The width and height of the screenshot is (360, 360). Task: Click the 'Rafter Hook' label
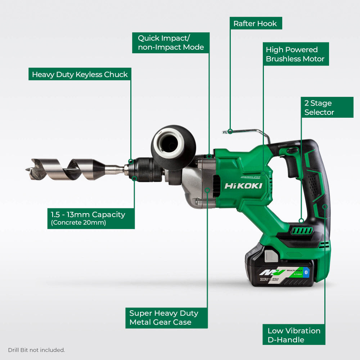tap(255, 24)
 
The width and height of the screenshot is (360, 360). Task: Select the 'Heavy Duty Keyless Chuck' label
tap(80, 75)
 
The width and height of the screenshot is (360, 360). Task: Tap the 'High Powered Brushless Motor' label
tap(295, 54)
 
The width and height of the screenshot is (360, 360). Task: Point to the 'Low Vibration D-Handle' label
tap(294, 335)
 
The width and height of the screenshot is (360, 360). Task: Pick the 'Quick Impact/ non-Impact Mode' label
tap(171, 42)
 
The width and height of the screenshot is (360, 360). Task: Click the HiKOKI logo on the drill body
tap(243, 186)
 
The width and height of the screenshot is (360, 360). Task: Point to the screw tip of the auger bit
tap(28, 168)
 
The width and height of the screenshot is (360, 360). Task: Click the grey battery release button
tap(271, 256)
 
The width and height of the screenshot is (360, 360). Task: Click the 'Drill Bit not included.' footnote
tap(36, 350)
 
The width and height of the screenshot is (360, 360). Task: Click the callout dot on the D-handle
tap(325, 206)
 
